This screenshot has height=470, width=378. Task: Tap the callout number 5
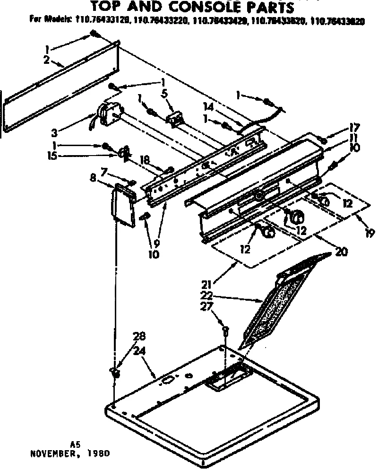pos(164,94)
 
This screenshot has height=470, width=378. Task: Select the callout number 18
pos(145,161)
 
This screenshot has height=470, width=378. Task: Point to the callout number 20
pos(341,252)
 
